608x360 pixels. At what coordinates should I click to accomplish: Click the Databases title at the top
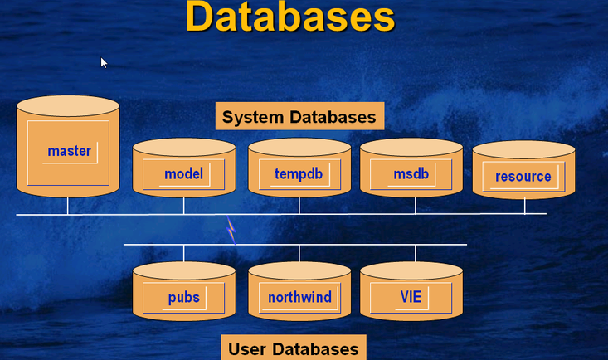click(x=290, y=17)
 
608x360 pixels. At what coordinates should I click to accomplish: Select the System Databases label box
click(x=299, y=116)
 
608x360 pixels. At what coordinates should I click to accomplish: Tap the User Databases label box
click(x=294, y=348)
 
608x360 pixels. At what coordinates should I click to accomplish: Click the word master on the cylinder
click(x=70, y=151)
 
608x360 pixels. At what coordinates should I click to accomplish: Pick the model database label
click(x=183, y=174)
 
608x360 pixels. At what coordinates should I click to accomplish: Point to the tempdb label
click(x=299, y=174)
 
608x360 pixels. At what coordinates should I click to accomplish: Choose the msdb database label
click(x=411, y=174)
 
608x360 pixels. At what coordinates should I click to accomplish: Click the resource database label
click(x=523, y=177)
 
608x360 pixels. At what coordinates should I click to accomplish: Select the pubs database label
click(x=184, y=298)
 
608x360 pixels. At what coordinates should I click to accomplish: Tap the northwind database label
click(x=299, y=297)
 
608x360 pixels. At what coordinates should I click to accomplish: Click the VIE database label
click(x=411, y=297)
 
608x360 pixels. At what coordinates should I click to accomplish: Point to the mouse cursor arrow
click(x=104, y=63)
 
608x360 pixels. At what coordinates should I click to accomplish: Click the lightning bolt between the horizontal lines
click(x=231, y=230)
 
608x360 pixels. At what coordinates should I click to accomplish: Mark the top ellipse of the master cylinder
click(x=68, y=106)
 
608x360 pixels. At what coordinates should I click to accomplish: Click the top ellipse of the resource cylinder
click(x=524, y=149)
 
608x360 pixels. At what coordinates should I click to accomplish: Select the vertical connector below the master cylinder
click(x=67, y=206)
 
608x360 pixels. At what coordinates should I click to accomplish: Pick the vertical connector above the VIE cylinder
click(x=416, y=253)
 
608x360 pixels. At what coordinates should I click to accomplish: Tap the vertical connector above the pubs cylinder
click(x=184, y=253)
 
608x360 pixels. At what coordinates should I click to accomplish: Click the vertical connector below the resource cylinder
click(x=524, y=206)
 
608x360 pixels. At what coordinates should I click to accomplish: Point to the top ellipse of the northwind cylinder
click(x=299, y=270)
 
